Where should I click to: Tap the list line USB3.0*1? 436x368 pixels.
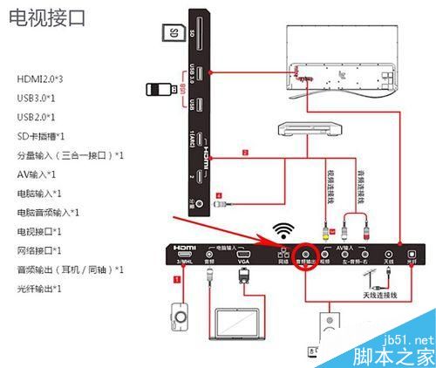[36, 99]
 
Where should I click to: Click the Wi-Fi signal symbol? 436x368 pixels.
[280, 231]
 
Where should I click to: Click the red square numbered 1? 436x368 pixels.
[177, 281]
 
